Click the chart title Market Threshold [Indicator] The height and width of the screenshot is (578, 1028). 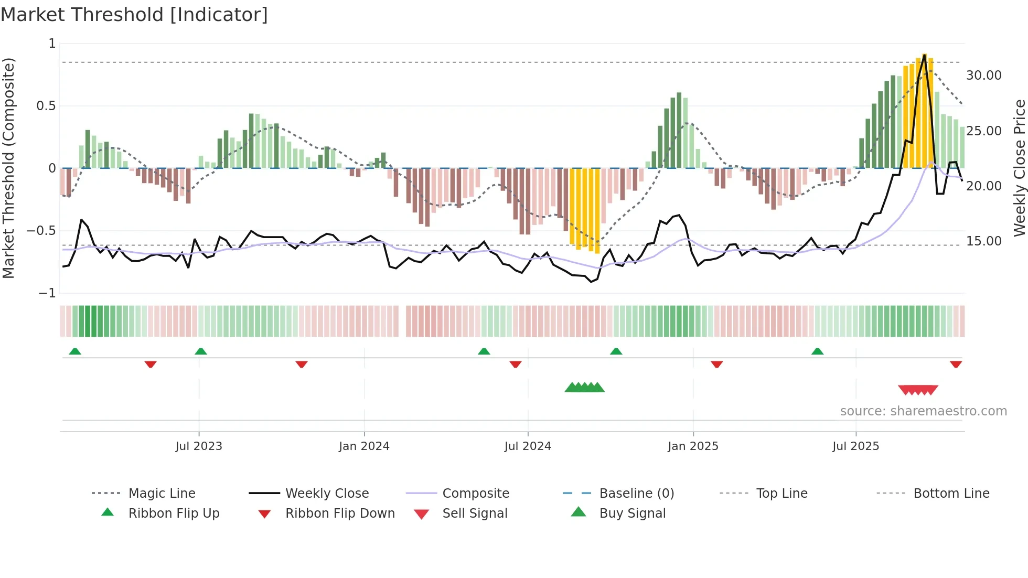click(134, 15)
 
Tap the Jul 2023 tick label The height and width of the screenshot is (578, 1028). click(199, 446)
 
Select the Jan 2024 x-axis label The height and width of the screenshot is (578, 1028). click(364, 446)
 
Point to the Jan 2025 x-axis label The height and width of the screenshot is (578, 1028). click(693, 446)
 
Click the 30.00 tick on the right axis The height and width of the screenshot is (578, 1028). click(983, 76)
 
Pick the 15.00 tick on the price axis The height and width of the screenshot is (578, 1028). click(983, 241)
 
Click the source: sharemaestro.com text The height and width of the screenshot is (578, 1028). click(923, 411)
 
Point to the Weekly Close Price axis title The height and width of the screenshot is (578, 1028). click(1019, 168)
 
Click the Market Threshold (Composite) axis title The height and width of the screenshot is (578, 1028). click(8, 168)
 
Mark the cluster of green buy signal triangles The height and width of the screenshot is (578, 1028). click(584, 388)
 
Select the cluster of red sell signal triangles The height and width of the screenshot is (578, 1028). click(918, 390)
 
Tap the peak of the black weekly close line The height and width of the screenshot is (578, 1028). click(924, 55)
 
